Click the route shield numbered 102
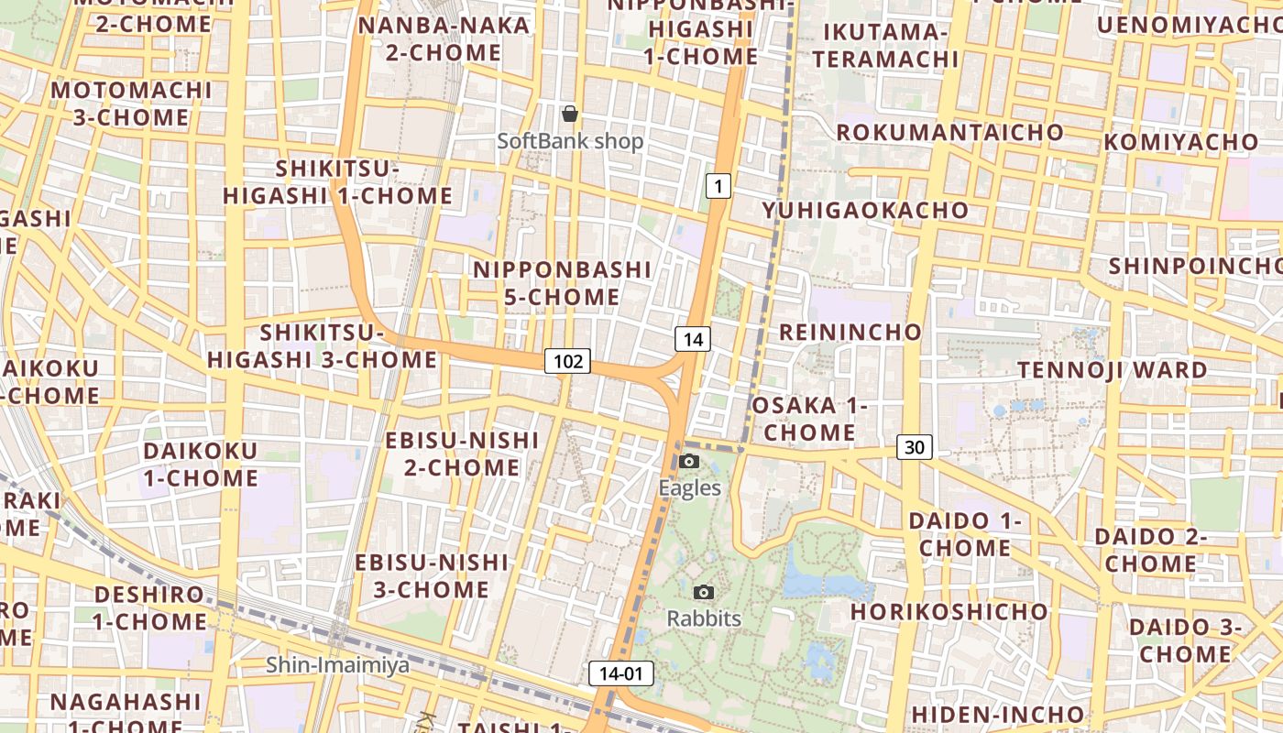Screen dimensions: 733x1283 pos(568,361)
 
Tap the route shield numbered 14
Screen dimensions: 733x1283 pos(693,339)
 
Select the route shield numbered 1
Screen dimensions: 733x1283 pos(718,187)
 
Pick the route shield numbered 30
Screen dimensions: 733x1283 pos(914,447)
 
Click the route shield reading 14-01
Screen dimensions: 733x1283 pos(621,674)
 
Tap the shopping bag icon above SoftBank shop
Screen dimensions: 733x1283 pos(570,114)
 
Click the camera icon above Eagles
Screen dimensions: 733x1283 pos(690,461)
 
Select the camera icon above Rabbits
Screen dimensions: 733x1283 pos(704,592)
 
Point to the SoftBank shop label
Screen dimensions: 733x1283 pos(570,142)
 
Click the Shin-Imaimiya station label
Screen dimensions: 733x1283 pos(337,665)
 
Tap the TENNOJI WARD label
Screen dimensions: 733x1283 pos(1113,370)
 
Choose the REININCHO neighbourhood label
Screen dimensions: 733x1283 pos(850,332)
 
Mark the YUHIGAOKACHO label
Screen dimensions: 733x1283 pos(865,211)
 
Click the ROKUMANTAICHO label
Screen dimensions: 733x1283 pos(949,132)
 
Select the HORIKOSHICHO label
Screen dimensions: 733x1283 pos(949,611)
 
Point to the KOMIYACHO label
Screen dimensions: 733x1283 pos(1180,142)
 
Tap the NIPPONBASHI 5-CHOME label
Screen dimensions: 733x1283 pos(562,283)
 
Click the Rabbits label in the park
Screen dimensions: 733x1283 pos(704,618)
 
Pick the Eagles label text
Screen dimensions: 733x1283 pos(690,488)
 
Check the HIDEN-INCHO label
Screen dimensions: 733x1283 pos(997,714)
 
